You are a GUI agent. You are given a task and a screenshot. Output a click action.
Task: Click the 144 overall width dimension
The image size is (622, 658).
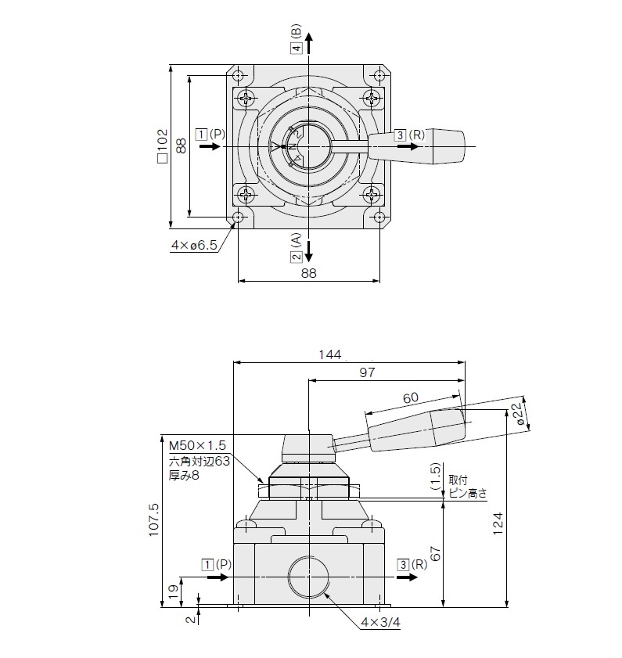click(330, 354)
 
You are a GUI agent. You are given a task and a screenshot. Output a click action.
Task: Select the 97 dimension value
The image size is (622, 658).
click(367, 372)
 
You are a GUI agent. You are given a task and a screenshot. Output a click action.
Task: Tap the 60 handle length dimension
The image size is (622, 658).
click(411, 397)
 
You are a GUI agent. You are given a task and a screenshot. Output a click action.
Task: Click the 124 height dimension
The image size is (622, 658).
click(498, 523)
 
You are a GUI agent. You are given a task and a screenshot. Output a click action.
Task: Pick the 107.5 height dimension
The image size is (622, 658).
click(154, 520)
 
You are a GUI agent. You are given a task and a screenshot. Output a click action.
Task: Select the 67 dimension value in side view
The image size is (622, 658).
click(435, 553)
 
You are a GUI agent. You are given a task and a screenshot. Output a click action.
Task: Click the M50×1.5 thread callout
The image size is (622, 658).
click(197, 445)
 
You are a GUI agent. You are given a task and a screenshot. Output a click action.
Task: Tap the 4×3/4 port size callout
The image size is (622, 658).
click(381, 622)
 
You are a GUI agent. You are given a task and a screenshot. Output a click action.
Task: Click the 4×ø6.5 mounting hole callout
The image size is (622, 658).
click(194, 245)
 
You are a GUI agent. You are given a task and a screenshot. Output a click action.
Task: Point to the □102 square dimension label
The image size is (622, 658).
click(163, 146)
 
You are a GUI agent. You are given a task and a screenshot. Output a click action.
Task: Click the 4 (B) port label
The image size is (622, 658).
click(297, 38)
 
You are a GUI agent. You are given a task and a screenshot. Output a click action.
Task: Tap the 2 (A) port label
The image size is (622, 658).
click(297, 247)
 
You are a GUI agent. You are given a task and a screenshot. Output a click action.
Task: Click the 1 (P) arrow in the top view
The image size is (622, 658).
click(210, 146)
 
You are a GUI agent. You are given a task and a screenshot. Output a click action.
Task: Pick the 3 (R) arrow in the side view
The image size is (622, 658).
click(408, 577)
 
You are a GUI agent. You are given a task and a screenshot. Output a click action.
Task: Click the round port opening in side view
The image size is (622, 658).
click(308, 577)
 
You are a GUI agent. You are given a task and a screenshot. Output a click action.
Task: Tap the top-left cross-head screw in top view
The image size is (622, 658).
click(246, 99)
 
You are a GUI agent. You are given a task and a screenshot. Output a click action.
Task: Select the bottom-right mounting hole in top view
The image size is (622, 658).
click(379, 217)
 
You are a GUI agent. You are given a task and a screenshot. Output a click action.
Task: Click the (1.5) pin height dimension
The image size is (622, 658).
click(435, 476)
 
